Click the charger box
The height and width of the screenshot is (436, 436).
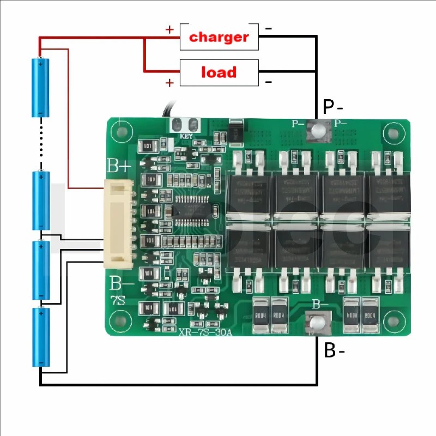point(219,37)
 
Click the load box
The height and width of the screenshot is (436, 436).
point(219,72)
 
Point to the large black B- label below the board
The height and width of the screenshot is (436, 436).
point(334,350)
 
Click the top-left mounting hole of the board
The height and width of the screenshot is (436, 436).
point(119,131)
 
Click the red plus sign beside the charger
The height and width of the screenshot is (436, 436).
point(169,29)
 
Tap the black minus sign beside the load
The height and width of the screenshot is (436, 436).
point(269,82)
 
